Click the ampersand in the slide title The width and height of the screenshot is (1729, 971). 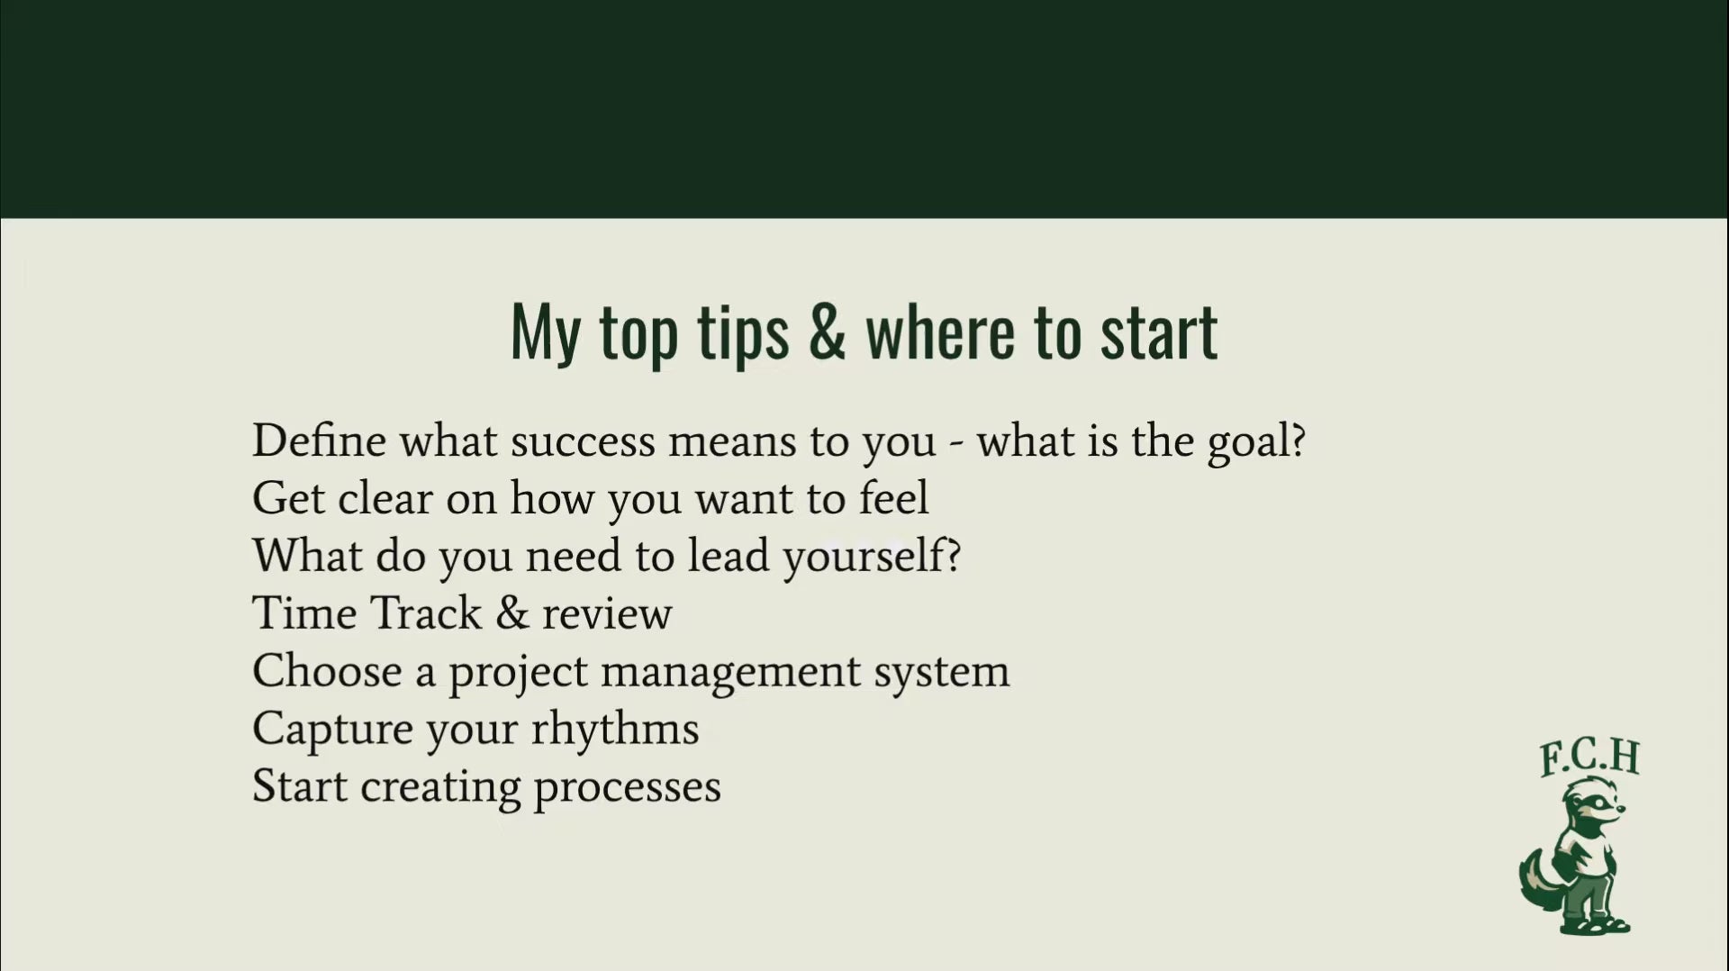828,331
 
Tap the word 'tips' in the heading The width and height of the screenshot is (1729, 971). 743,335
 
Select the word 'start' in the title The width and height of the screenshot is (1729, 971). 1159,331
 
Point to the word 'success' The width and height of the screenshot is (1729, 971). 583,442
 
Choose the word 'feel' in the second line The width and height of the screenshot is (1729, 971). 893,498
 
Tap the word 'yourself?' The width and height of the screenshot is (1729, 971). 872,557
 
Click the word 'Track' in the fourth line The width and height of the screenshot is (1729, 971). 426,613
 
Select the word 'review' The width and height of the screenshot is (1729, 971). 607,615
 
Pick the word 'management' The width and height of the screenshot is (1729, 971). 730,673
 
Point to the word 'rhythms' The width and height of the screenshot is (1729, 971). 614,730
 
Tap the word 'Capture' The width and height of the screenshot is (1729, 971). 333,730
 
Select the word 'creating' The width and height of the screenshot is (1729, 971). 440,787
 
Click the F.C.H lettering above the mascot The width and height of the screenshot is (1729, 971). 1589,758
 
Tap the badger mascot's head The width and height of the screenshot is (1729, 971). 1595,802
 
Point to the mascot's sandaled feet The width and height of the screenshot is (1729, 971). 1597,924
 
